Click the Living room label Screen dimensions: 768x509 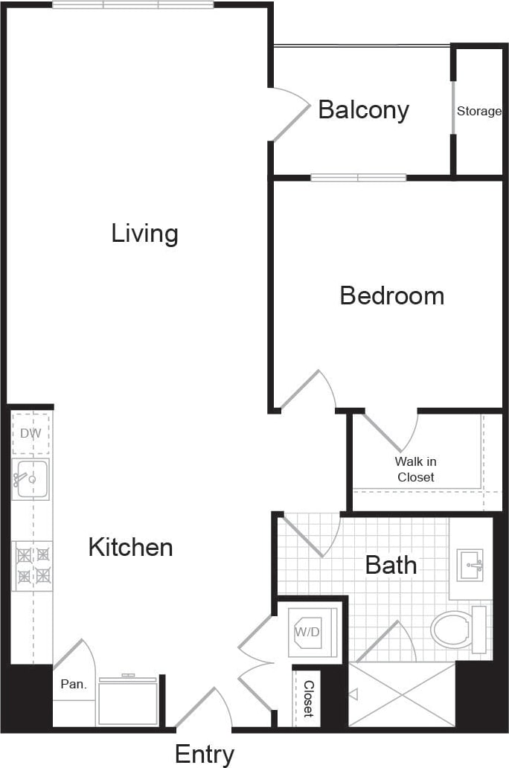145,234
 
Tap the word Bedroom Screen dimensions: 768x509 391,295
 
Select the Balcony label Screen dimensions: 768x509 363,110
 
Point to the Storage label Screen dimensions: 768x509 478,112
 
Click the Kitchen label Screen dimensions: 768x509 130,548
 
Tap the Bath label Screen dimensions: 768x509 391,565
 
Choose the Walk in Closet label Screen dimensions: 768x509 415,470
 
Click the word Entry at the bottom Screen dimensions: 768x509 205,754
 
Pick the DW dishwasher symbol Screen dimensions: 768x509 31,434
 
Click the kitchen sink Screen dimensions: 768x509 31,479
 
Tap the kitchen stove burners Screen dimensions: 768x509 32,565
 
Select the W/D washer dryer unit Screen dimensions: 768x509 313,633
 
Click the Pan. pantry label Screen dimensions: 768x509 73,685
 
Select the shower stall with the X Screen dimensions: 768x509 402,694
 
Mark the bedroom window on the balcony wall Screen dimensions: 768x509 358,178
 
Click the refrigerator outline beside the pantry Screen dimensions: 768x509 127,702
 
